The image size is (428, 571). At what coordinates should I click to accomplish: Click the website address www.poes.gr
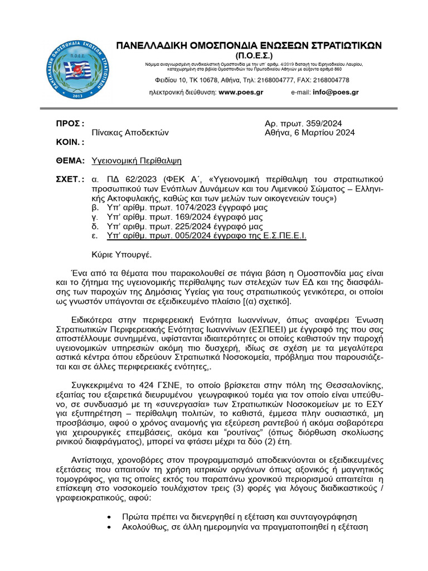(x=241, y=93)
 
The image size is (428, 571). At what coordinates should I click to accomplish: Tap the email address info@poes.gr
(x=336, y=93)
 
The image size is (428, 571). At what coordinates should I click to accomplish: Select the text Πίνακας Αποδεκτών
(x=130, y=133)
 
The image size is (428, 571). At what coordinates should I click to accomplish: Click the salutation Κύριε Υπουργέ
(x=121, y=254)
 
